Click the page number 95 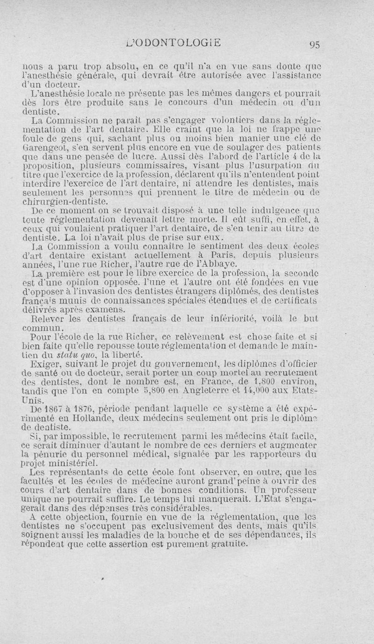pos(313,45)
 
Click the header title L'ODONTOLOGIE pos(173,44)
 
